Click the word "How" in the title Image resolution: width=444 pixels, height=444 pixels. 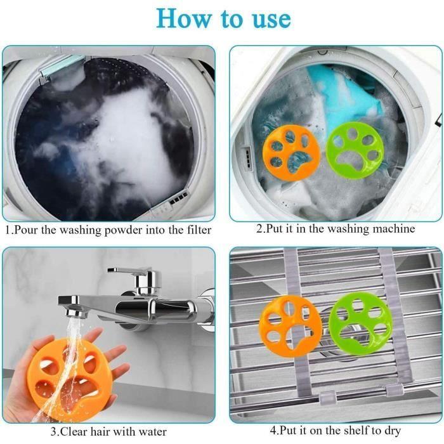(x=184, y=18)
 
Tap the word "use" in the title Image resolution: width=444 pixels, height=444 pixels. (x=271, y=19)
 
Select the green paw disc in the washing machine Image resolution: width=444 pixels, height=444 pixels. (x=355, y=150)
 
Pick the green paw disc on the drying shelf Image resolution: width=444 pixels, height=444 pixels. (x=360, y=323)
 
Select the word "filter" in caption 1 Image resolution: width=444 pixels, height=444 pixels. (x=199, y=230)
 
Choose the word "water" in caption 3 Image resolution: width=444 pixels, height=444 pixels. (x=152, y=432)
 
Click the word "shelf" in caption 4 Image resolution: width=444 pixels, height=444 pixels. (x=356, y=431)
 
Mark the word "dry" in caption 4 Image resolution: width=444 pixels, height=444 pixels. (x=393, y=431)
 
